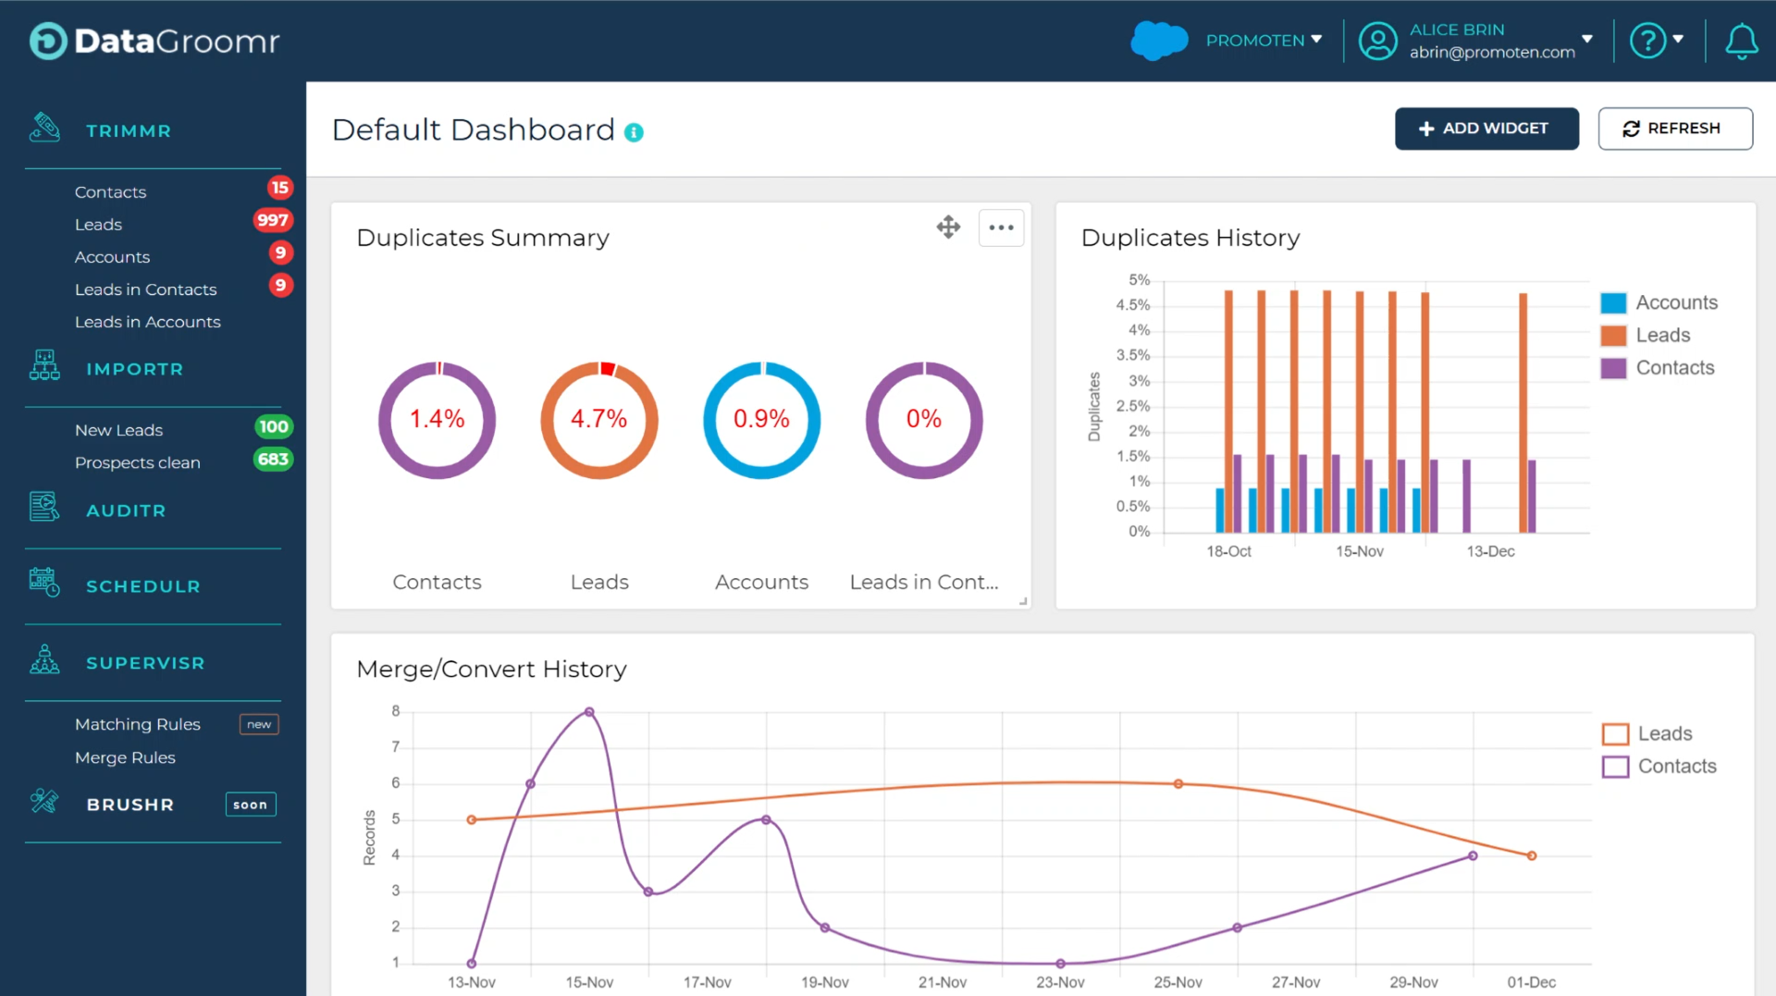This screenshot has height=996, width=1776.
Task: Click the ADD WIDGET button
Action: [1486, 129]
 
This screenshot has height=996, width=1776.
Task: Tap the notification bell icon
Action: [1741, 42]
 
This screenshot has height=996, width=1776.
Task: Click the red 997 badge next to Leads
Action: [272, 220]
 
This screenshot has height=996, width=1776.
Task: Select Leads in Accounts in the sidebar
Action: [147, 322]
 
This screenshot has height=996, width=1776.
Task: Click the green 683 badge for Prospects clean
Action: [273, 460]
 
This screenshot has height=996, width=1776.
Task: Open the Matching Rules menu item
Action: [137, 724]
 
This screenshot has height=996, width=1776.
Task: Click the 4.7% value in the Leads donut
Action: [598, 419]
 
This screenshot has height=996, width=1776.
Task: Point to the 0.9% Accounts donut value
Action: [761, 419]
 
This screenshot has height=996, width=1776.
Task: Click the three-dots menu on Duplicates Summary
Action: [1001, 227]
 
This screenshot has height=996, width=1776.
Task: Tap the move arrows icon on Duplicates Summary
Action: [948, 227]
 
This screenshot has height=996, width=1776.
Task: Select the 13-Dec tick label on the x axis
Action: [1490, 551]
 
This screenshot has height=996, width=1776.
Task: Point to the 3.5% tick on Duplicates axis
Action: [1132, 355]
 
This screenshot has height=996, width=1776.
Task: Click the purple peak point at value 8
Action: [589, 712]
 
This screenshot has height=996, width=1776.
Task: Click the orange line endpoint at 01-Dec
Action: [1532, 855]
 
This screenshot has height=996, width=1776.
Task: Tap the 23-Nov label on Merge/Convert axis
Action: [1060, 982]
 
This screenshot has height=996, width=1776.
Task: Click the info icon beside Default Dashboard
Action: [634, 132]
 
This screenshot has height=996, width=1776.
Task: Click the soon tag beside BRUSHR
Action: [250, 805]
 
